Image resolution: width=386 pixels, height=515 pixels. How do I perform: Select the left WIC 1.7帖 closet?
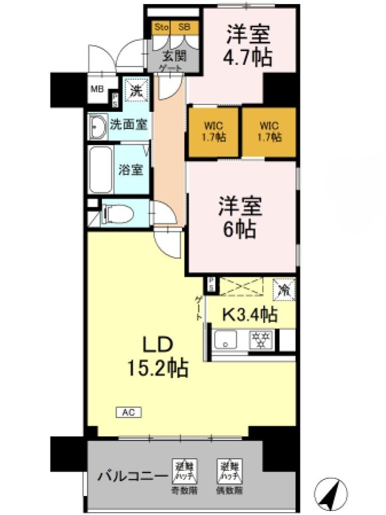coord(213,132)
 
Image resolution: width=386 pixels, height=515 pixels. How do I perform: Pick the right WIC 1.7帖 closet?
coord(270,132)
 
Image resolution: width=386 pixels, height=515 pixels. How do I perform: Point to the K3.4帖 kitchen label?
coord(250,314)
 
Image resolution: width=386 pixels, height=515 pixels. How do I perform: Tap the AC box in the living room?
coord(128,412)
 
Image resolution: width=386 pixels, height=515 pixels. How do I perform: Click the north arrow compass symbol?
coord(331,493)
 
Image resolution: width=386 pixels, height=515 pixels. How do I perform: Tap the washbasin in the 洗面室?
coord(97,126)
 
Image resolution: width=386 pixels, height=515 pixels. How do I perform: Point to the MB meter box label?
coord(96,89)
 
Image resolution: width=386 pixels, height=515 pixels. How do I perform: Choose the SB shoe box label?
coord(184,27)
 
